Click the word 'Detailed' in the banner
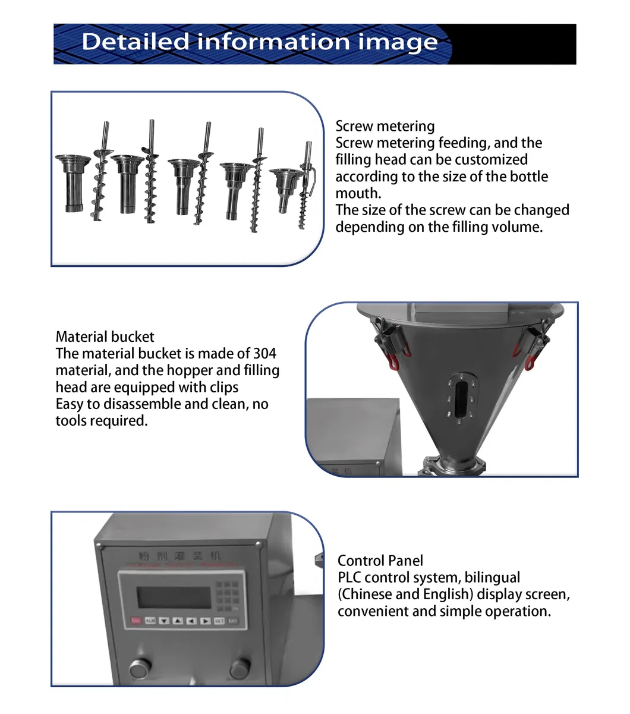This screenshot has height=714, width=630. tap(136, 42)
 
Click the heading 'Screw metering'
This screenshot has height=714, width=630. tap(385, 126)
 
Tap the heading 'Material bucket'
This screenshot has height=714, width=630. tap(105, 337)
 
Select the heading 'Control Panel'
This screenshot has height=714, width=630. tap(380, 561)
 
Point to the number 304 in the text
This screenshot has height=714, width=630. tap(264, 354)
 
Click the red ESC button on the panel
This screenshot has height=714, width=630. tap(136, 621)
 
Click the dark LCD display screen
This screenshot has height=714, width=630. tap(174, 597)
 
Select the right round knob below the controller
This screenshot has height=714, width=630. tap(241, 667)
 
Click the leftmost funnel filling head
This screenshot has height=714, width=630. tap(73, 182)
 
